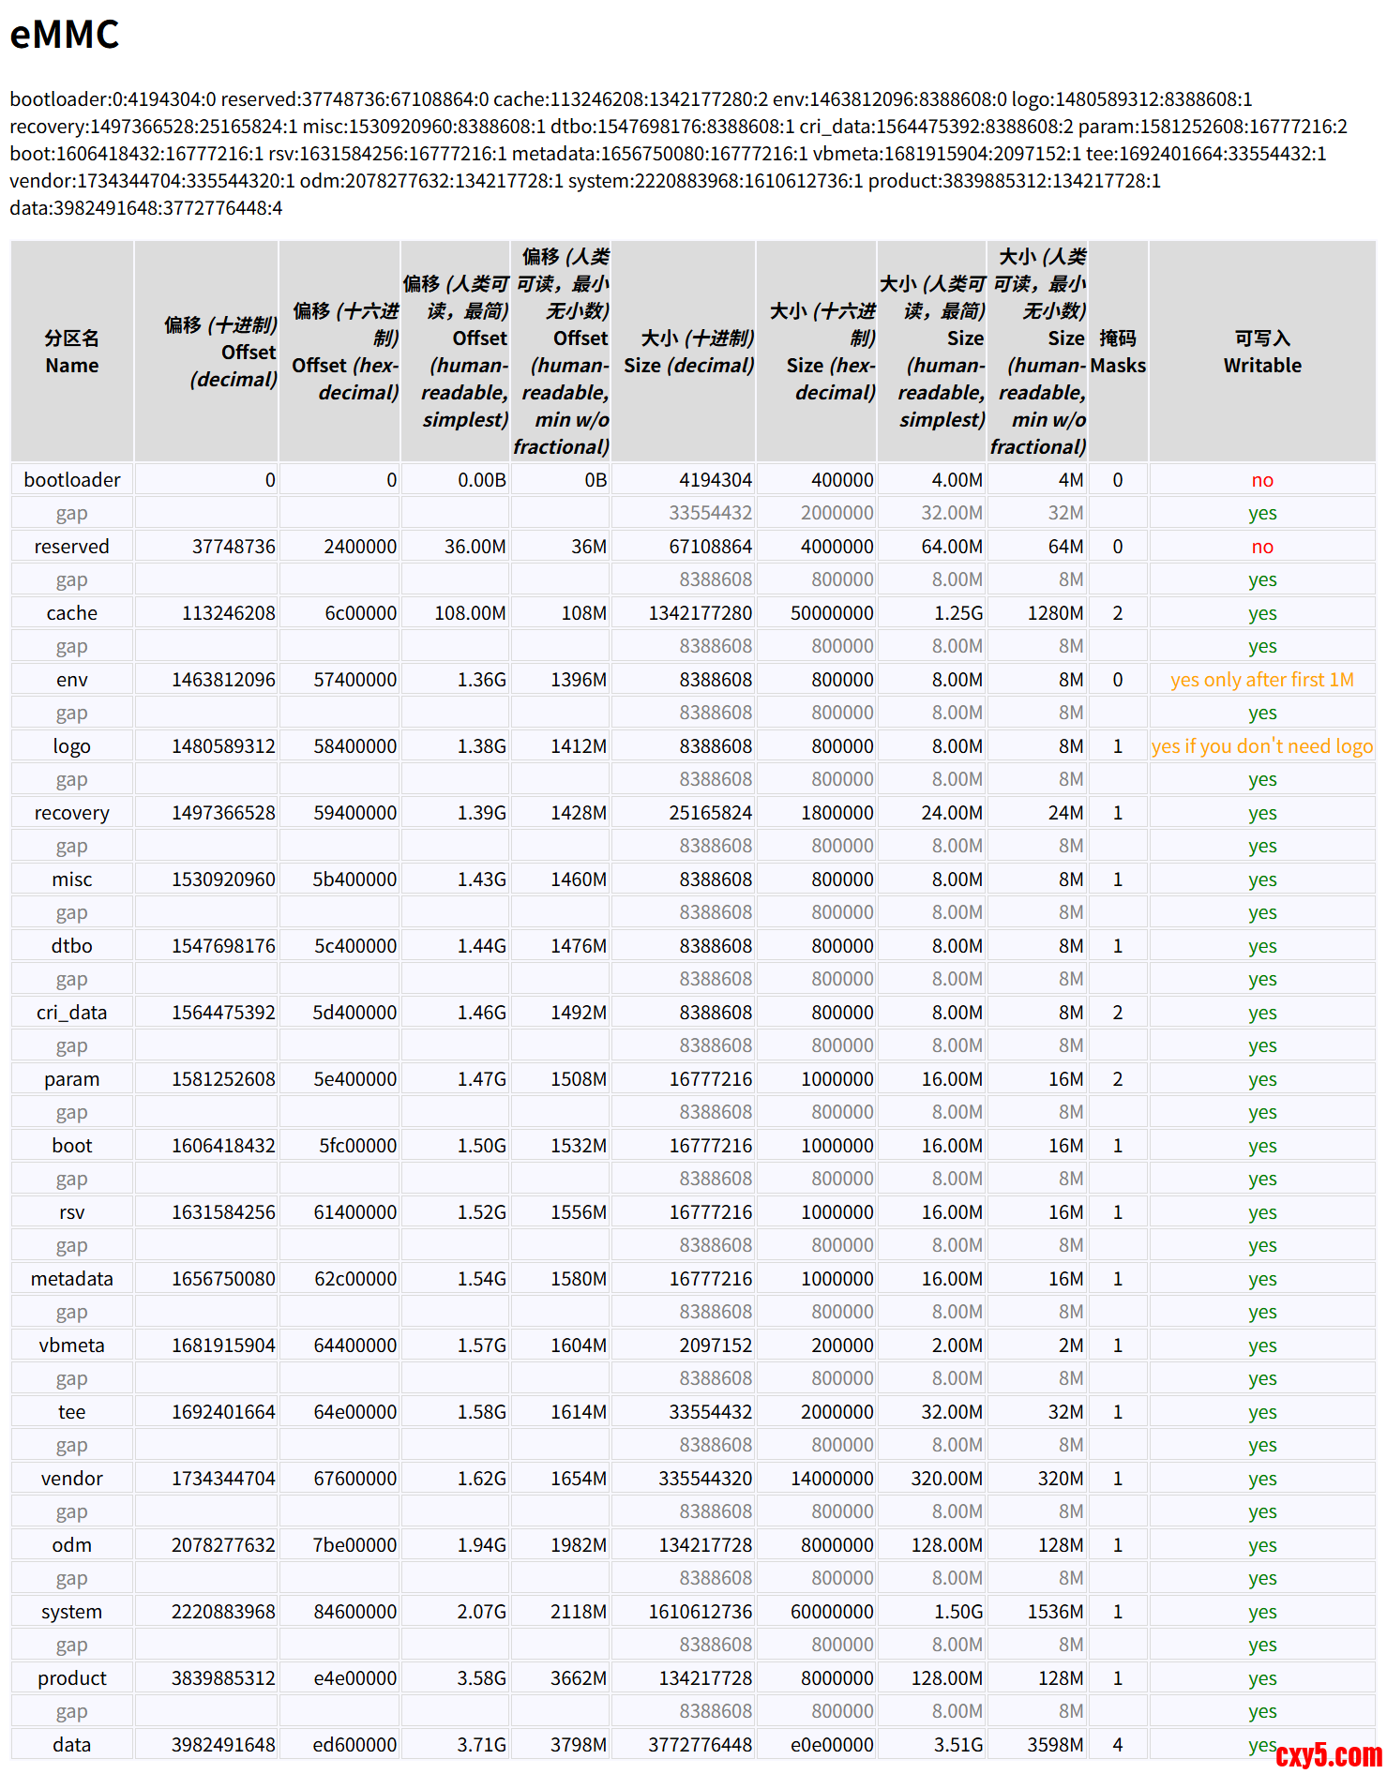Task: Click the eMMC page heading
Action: tap(65, 35)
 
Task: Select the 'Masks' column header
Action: tap(1117, 352)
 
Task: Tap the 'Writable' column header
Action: tap(1261, 352)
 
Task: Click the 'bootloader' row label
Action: tap(72, 480)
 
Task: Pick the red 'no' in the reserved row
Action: tap(1261, 547)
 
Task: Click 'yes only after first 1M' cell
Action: tap(1261, 680)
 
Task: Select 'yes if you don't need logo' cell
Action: tap(1261, 746)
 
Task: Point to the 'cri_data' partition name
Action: tap(72, 1013)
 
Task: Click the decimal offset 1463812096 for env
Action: tap(223, 680)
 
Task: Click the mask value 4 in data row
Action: tap(1117, 1745)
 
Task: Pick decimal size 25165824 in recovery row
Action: tap(710, 813)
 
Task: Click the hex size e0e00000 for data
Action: tap(832, 1745)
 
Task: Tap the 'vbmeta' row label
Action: tap(72, 1346)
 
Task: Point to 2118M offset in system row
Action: tap(578, 1612)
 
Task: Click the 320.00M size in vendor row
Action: tap(946, 1479)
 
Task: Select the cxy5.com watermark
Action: tap(1328, 1754)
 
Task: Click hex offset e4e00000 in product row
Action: tap(354, 1678)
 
